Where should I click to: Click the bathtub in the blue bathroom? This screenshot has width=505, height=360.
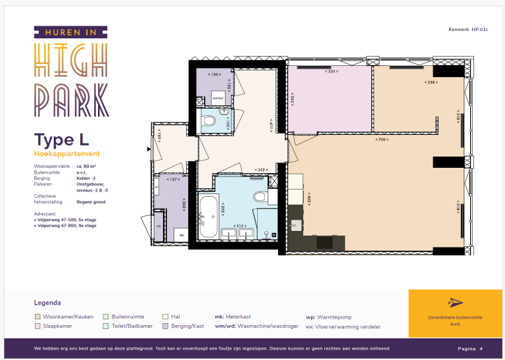(x=209, y=217)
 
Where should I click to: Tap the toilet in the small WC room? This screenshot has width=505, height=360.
(x=209, y=120)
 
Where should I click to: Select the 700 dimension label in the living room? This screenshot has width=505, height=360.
(x=381, y=140)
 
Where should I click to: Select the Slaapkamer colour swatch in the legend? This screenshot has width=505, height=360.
(x=37, y=326)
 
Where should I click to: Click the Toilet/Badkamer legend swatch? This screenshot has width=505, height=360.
(x=106, y=326)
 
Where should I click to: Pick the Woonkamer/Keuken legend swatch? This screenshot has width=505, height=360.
(x=37, y=317)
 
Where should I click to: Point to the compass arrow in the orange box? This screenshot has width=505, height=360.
(x=455, y=302)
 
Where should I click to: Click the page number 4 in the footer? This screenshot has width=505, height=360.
(x=481, y=348)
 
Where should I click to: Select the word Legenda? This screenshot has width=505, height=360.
(x=47, y=303)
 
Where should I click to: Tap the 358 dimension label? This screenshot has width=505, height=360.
(x=431, y=82)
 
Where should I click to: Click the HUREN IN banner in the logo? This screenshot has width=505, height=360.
(x=70, y=32)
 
